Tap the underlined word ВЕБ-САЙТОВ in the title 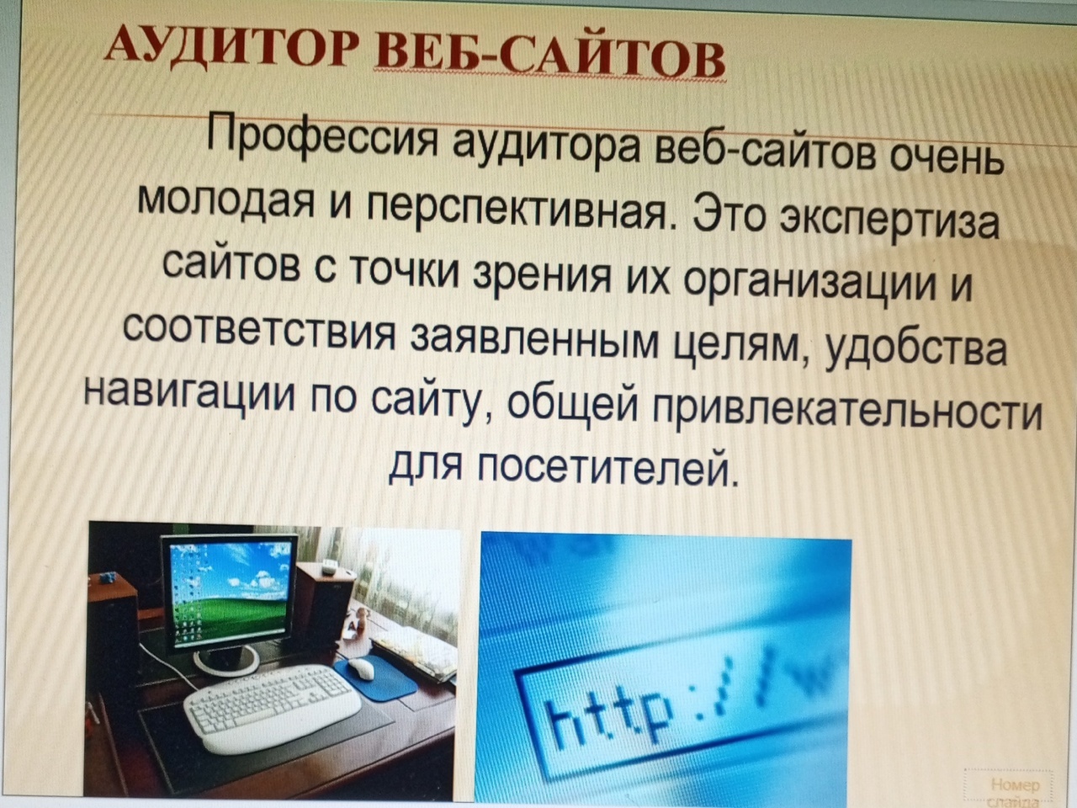click(x=549, y=60)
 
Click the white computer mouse click(x=362, y=668)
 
